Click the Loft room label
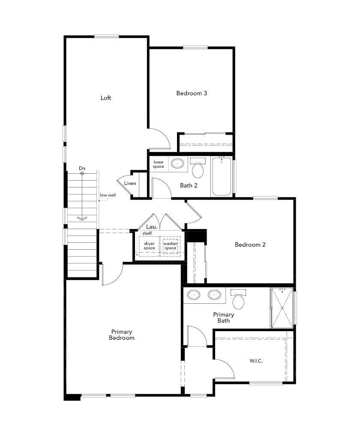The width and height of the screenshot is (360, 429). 106,98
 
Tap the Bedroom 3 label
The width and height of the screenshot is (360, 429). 192,93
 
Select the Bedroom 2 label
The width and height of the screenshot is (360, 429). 250,245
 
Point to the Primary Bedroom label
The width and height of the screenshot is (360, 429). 122,335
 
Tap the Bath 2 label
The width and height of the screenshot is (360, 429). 189,186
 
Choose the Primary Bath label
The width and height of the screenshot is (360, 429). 223,317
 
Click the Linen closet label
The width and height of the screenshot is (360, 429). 130,184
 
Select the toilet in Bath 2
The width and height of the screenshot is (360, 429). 198,169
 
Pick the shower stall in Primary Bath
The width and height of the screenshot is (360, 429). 282,308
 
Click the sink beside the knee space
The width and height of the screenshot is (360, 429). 177,163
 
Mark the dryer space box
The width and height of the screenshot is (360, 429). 149,246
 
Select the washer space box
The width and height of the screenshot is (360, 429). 171,246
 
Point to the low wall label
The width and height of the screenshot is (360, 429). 108,195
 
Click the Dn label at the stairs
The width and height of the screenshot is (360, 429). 82,168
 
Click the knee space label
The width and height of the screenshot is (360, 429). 159,164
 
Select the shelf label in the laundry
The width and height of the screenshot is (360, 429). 147,233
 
